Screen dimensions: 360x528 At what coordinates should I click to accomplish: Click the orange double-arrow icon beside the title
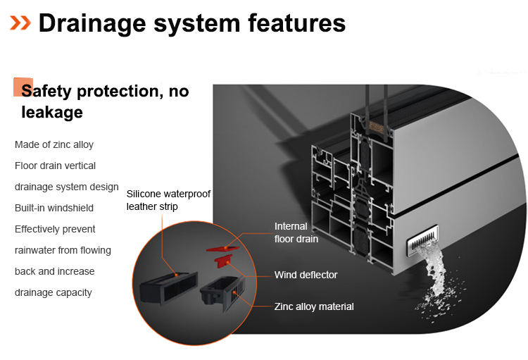click(x=20, y=23)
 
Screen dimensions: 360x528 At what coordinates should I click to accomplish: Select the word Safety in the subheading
click(x=49, y=91)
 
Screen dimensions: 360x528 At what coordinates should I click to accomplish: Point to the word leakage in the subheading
click(x=52, y=112)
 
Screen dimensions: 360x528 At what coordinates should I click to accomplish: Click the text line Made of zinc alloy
click(x=54, y=144)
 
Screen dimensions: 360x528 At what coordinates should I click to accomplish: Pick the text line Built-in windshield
click(x=54, y=208)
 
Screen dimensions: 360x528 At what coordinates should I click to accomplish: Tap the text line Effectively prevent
click(x=55, y=229)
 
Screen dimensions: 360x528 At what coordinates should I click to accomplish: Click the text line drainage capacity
click(x=54, y=292)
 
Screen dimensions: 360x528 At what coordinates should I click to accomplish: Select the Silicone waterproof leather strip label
click(x=168, y=200)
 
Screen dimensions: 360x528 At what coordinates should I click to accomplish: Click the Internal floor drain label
click(x=296, y=232)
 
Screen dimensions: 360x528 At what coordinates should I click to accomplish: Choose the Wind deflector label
click(x=306, y=275)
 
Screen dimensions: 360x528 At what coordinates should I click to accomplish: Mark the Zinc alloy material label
click(x=314, y=306)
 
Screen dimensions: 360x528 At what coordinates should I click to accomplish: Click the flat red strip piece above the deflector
click(x=220, y=247)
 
